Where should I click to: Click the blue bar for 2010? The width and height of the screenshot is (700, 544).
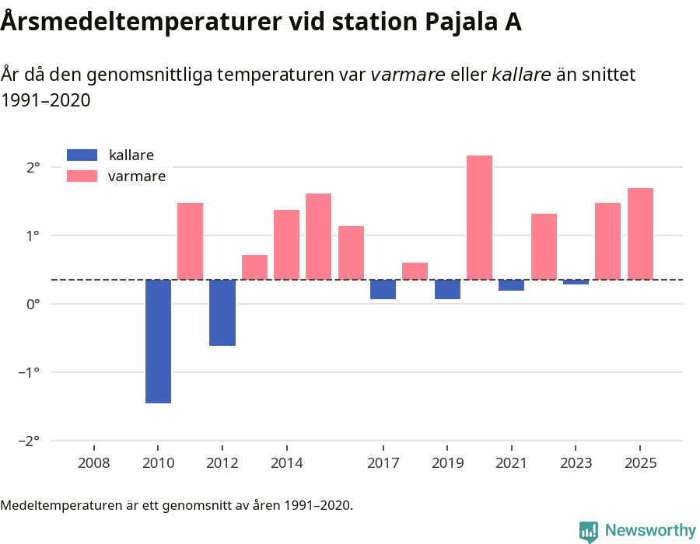click(158, 341)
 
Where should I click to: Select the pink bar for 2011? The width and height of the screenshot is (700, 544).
click(190, 241)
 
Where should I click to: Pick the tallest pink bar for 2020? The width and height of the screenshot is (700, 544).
click(479, 218)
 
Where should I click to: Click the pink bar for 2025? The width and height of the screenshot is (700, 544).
click(640, 233)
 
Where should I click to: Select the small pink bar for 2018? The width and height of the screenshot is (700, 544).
click(415, 271)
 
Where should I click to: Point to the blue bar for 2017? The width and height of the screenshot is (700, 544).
click(383, 289)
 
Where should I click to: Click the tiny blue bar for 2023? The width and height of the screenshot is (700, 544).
click(576, 282)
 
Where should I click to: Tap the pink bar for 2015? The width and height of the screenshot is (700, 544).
click(318, 236)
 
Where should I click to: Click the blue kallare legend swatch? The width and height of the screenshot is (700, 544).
click(82, 155)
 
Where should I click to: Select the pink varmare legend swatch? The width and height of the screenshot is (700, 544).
click(82, 176)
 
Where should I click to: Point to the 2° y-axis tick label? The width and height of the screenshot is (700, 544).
click(33, 167)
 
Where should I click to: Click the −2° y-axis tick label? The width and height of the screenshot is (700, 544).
click(29, 441)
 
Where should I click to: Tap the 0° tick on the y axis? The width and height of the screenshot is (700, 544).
click(33, 304)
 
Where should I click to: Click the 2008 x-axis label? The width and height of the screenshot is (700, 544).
click(94, 463)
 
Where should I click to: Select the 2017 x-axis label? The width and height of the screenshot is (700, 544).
click(383, 463)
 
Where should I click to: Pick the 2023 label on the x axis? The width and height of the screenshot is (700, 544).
click(576, 463)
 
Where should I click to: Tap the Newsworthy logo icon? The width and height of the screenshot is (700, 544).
click(589, 531)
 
